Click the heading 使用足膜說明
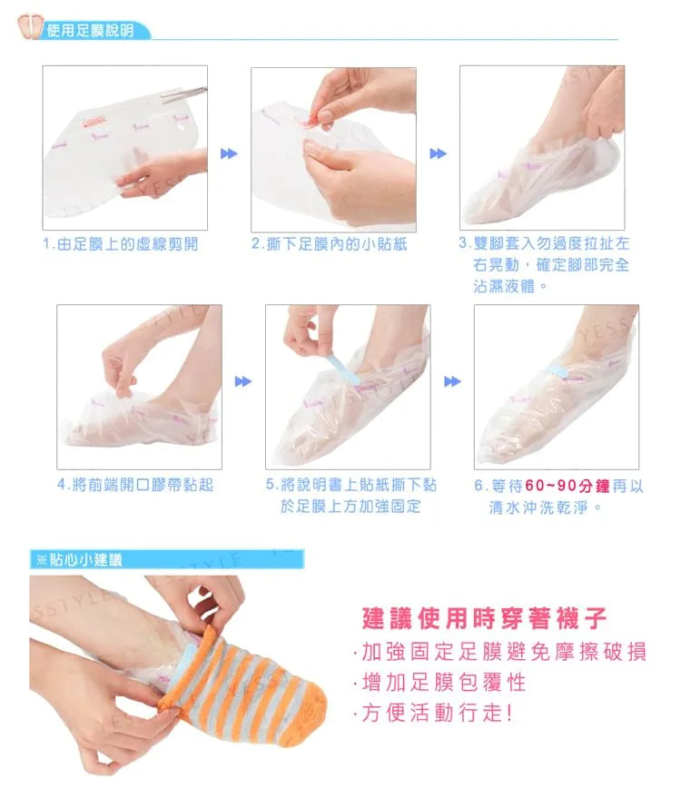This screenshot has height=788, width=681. (x=91, y=31)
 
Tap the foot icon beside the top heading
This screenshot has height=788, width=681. (x=29, y=25)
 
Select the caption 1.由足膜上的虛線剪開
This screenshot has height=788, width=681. (x=121, y=244)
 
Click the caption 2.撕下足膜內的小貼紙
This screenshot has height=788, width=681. (x=330, y=244)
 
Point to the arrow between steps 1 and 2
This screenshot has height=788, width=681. (x=229, y=153)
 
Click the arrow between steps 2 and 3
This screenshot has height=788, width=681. (x=439, y=153)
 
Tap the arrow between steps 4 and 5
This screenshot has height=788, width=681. (x=243, y=381)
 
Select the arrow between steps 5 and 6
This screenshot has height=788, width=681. (x=452, y=381)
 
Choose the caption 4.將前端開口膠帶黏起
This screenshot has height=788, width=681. (x=135, y=485)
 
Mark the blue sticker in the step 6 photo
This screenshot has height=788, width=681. (x=557, y=371)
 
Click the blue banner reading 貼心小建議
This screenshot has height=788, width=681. (x=167, y=559)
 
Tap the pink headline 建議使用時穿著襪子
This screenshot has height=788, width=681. (x=485, y=618)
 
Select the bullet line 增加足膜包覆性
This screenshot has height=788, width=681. (x=440, y=683)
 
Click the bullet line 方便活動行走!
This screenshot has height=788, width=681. (x=434, y=713)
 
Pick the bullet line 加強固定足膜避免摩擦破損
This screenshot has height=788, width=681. (x=500, y=652)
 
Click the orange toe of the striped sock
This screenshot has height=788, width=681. (x=301, y=713)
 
